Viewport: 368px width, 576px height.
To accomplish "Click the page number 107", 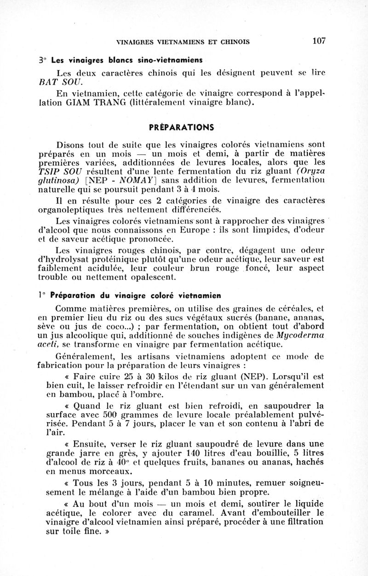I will [x=319, y=41].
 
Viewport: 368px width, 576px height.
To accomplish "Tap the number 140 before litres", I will [x=194, y=453].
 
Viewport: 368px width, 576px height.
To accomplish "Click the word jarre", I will [x=82, y=453].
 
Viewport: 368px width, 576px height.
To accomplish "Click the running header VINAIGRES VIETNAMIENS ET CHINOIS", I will [x=183, y=42].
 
